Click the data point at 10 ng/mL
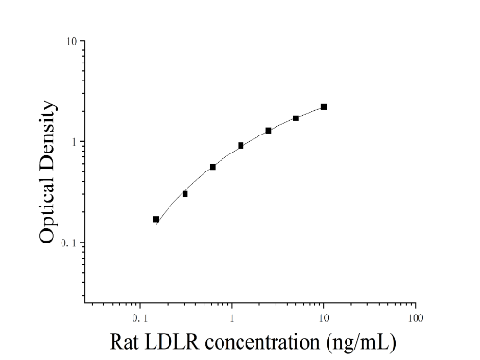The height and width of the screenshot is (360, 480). pyautogui.click(x=324, y=107)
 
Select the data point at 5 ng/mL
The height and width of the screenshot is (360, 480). pyautogui.click(x=296, y=118)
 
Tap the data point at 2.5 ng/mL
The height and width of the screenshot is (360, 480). pyautogui.click(x=268, y=131)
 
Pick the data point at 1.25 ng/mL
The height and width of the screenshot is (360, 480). pyautogui.click(x=240, y=146)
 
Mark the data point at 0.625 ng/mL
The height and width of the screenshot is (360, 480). pyautogui.click(x=213, y=167)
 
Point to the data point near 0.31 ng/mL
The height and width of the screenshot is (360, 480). pyautogui.click(x=186, y=194)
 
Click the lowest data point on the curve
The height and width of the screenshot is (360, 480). pyautogui.click(x=156, y=219)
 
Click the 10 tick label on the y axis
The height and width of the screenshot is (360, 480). pyautogui.click(x=71, y=42)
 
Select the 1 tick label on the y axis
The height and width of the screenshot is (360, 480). pyautogui.click(x=74, y=142)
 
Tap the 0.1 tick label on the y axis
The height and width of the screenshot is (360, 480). pyautogui.click(x=68, y=243)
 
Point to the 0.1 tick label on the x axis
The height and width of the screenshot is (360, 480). pyautogui.click(x=140, y=318)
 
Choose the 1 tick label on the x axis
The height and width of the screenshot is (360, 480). pyautogui.click(x=232, y=318)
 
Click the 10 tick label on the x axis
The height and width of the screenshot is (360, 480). pyautogui.click(x=324, y=318)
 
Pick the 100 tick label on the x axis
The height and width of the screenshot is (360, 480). pyautogui.click(x=416, y=318)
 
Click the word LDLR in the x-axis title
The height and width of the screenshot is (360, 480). pyautogui.click(x=172, y=342)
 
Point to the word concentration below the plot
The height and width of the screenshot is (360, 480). pyautogui.click(x=262, y=342)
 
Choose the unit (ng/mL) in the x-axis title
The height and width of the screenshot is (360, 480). pyautogui.click(x=361, y=342)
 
